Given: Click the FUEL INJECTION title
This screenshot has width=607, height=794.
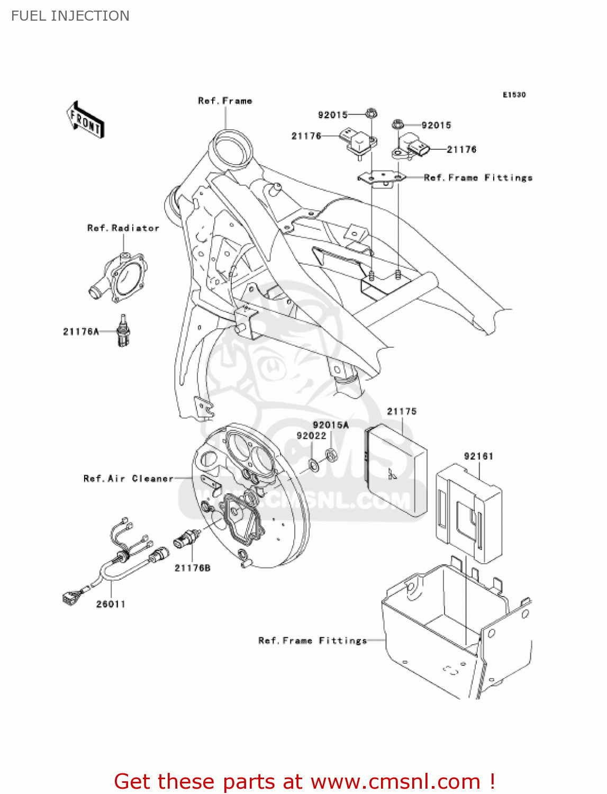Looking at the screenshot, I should click(70, 16).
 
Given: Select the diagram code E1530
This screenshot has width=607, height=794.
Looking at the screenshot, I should click(514, 95).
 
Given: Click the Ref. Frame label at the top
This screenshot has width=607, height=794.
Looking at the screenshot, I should click(225, 101).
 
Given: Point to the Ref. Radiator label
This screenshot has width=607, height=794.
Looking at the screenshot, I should click(123, 228).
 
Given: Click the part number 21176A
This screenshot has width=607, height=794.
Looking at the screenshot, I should click(81, 332).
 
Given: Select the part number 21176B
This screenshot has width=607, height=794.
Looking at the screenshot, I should click(193, 568).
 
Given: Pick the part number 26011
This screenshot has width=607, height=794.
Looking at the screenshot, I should click(111, 604).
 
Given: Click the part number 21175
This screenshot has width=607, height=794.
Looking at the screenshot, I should click(402, 411).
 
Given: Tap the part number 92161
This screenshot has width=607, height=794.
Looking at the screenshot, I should click(478, 456).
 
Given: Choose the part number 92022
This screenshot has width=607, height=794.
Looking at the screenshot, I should click(311, 436).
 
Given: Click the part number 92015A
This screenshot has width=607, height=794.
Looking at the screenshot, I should click(331, 425).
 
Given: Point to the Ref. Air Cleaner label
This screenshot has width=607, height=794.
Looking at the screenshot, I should click(129, 479).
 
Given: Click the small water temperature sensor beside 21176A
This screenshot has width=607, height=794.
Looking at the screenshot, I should click(123, 332).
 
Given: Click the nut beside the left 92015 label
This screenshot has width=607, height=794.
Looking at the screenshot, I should click(370, 113).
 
